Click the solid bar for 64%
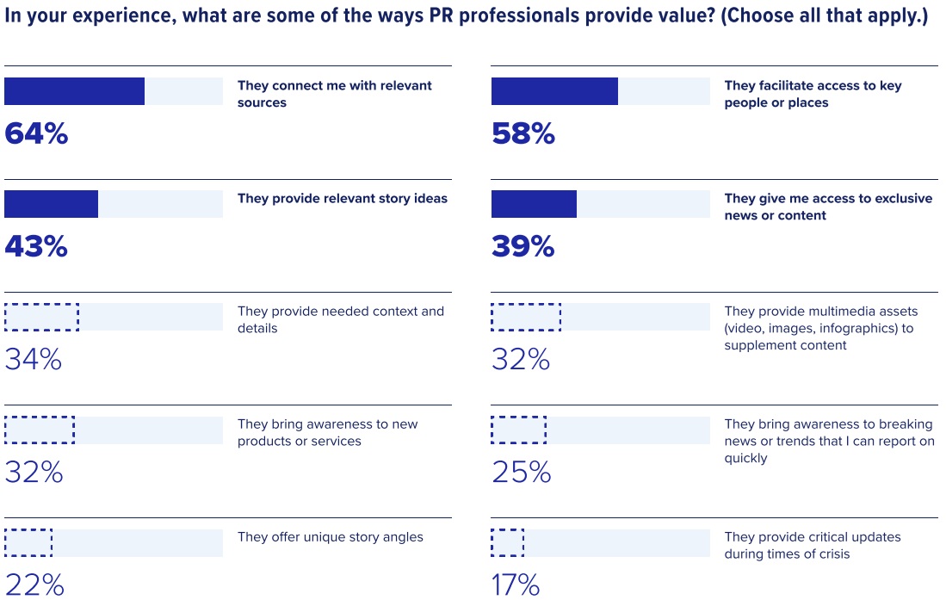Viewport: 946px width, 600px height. tap(74, 91)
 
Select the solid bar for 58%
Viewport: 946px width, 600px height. tap(554, 91)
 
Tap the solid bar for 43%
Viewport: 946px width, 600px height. tap(51, 204)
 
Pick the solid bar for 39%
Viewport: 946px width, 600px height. tap(534, 204)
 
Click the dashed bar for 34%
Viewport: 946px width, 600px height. tap(41, 317)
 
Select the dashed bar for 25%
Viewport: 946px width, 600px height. tap(518, 430)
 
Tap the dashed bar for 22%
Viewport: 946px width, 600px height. tap(28, 542)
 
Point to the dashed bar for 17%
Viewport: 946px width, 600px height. tap(507, 542)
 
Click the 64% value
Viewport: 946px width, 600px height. tap(36, 134)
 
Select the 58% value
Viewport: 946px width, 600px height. tap(523, 134)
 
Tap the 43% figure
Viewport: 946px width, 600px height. tap(36, 247)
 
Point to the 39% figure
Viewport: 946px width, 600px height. tap(523, 247)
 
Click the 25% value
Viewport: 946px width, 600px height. tap(521, 473)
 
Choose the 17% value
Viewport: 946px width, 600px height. tap(516, 585)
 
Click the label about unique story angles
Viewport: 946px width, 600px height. tap(331, 537)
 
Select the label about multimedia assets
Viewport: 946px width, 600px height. tap(820, 328)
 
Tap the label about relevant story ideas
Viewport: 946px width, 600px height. tap(343, 199)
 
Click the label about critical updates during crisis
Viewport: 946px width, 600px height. tap(812, 546)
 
